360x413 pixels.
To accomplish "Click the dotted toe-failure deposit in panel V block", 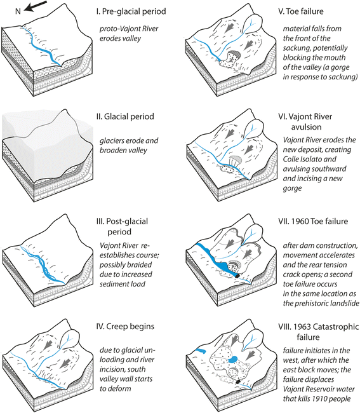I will (227, 64).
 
